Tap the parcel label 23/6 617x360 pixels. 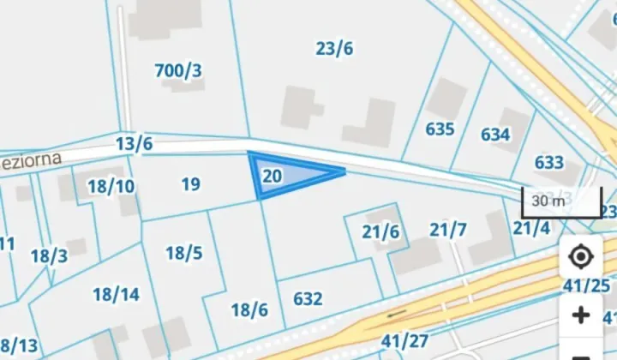click(x=334, y=49)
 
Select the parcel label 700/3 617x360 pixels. click(x=178, y=70)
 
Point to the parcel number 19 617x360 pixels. click(x=191, y=183)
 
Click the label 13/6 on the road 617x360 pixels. click(x=135, y=144)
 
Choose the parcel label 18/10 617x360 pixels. click(x=111, y=186)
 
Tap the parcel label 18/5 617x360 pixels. click(x=184, y=253)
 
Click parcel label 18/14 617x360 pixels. click(x=116, y=295)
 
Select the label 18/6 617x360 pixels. click(x=249, y=309)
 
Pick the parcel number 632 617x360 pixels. click(x=308, y=299)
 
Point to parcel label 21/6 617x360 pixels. click(x=380, y=231)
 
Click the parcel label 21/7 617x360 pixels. click(x=448, y=230)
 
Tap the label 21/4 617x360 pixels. click(x=531, y=228)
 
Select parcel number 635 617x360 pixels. click(x=440, y=129)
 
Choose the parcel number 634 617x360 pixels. click(x=495, y=135)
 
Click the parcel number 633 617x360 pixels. click(x=548, y=163)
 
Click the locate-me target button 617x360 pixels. click(x=581, y=257)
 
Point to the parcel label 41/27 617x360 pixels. click(x=404, y=341)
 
